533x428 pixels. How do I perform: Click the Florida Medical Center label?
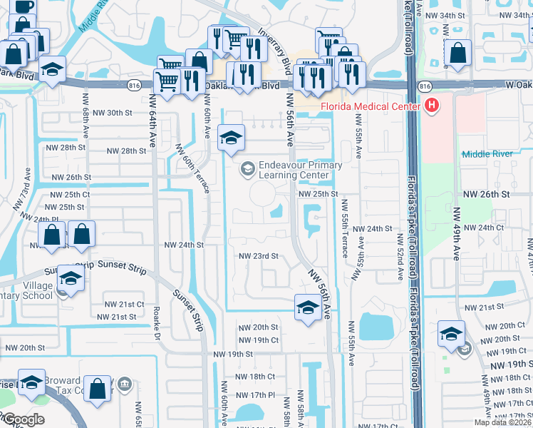(371, 107)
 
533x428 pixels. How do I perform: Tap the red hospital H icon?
(431, 107)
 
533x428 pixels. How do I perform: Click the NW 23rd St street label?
(257, 256)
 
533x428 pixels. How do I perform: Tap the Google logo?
(23, 419)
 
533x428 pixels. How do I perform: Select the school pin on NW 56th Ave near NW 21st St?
(307, 308)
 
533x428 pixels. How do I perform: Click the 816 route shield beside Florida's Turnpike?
(425, 86)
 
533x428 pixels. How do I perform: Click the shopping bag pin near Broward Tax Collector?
(98, 390)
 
